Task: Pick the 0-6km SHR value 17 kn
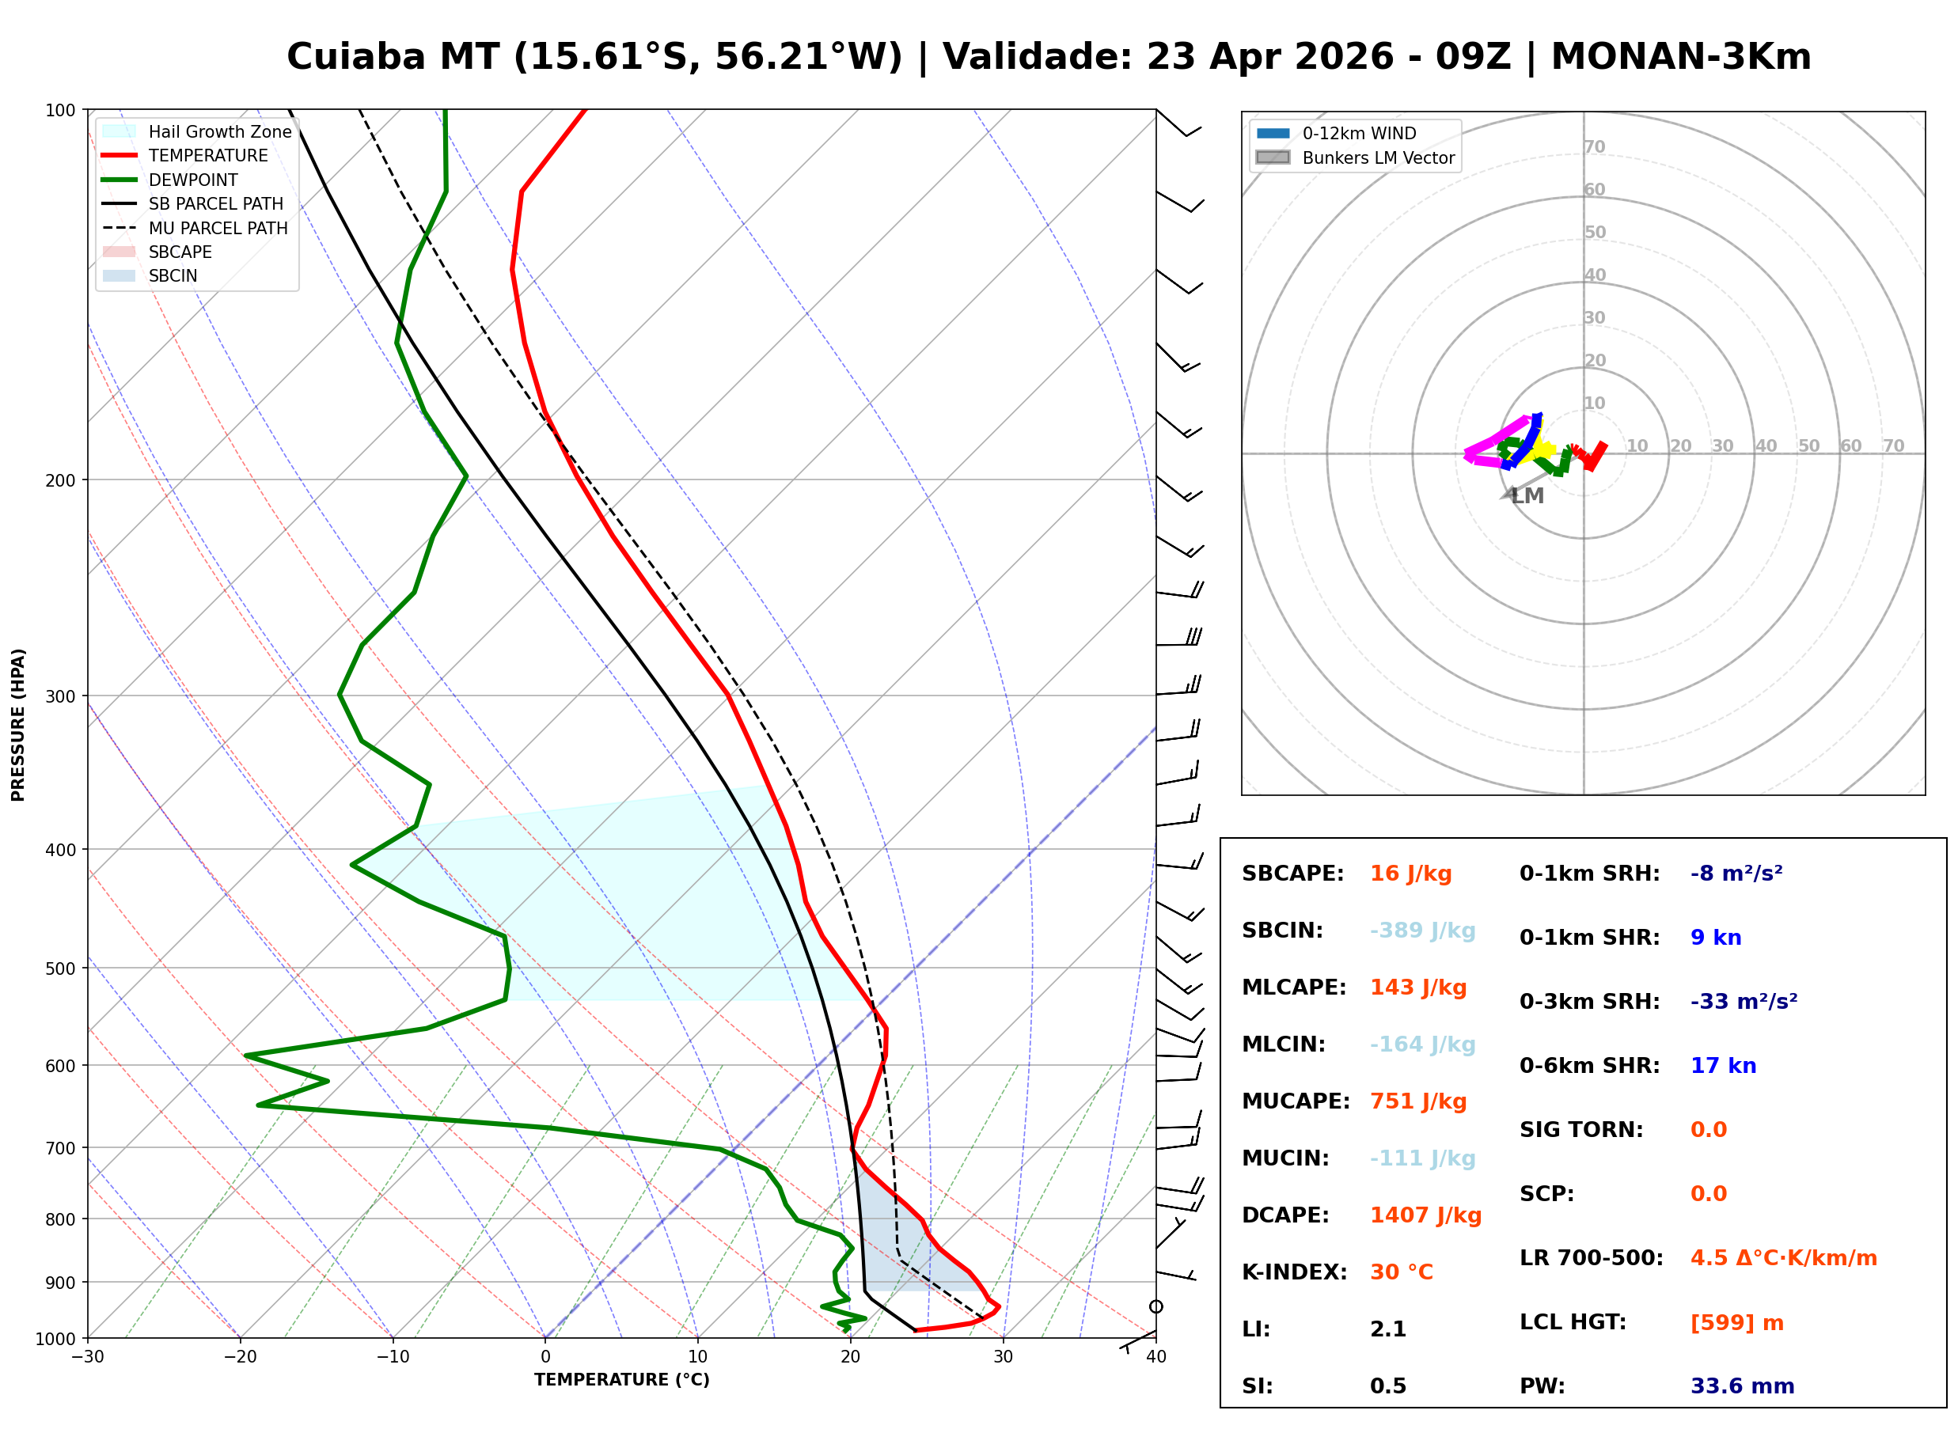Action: point(1722,1066)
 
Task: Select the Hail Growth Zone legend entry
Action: point(219,131)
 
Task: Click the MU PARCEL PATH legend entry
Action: point(218,228)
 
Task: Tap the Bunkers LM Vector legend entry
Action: point(1378,157)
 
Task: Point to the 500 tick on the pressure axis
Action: point(59,968)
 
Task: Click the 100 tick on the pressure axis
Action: point(59,111)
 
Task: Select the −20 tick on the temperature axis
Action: point(239,1358)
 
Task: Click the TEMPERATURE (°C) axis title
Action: point(621,1381)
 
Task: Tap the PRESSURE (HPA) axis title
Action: point(18,725)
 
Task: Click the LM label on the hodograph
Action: point(1527,496)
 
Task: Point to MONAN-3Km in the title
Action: point(1680,57)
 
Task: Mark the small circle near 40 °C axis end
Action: point(1156,1307)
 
